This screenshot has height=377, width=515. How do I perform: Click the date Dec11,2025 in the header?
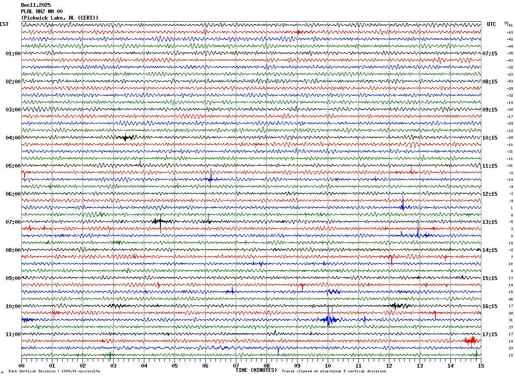click(36, 5)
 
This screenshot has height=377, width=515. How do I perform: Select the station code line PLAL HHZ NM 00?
click(42, 11)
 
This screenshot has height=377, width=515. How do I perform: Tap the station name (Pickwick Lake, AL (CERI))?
click(60, 17)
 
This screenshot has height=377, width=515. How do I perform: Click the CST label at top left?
click(4, 24)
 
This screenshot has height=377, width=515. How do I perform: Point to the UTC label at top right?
click(491, 24)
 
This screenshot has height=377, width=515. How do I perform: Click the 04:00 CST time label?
click(13, 138)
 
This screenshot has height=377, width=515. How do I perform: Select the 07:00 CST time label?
click(13, 222)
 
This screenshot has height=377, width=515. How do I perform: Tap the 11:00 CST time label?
click(13, 334)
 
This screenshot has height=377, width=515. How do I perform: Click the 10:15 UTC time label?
click(489, 138)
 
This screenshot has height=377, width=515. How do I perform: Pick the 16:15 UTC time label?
click(489, 306)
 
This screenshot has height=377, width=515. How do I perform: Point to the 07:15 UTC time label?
click(489, 54)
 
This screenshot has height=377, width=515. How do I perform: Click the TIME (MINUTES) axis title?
click(256, 370)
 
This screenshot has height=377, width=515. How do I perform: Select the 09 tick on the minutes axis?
click(297, 366)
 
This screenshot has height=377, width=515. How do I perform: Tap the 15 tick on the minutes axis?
click(481, 366)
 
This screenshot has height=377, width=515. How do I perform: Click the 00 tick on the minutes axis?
click(22, 366)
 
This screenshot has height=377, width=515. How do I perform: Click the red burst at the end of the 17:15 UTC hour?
click(471, 340)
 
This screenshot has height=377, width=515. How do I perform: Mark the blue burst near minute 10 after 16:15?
click(329, 320)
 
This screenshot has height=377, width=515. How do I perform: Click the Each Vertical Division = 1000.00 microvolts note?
click(54, 371)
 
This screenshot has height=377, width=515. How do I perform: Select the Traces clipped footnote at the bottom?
click(334, 371)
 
